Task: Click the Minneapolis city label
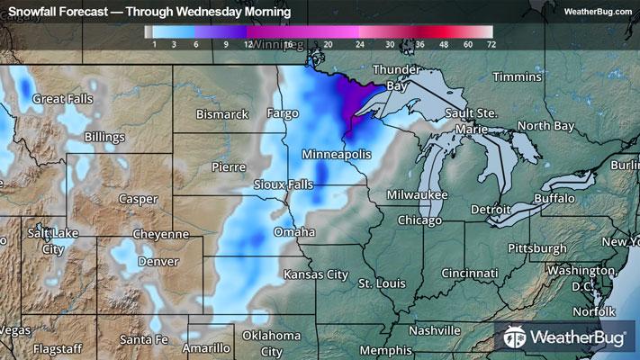[337, 155]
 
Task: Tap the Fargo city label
[282, 114]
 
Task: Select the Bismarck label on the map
[222, 114]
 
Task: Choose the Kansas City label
[315, 274]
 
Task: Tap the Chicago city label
[419, 220]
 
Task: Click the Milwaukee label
[418, 194]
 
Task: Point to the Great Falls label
[63, 98]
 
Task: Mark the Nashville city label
[435, 330]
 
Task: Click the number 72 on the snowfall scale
[491, 43]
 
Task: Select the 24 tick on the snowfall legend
[360, 43]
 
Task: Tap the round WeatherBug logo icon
[515, 339]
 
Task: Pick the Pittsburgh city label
[537, 247]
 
